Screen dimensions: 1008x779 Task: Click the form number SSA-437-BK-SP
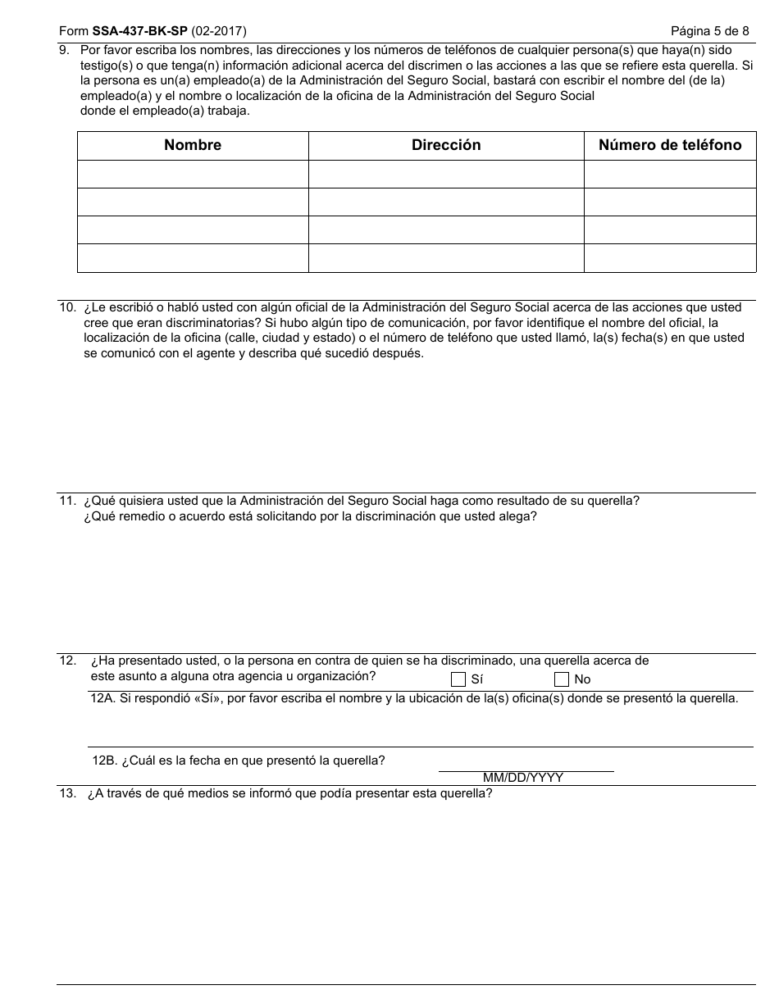click(x=139, y=32)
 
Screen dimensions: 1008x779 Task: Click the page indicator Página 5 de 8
click(x=709, y=32)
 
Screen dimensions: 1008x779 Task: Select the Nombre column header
click(x=193, y=146)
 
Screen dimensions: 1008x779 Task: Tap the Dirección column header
click(x=446, y=146)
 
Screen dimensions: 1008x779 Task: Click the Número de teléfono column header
click(x=670, y=146)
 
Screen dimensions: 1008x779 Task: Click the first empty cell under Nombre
click(x=193, y=175)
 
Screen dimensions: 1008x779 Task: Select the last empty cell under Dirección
click(x=446, y=258)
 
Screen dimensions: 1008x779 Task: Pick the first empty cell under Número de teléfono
click(x=670, y=175)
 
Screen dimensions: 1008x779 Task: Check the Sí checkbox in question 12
click(x=458, y=679)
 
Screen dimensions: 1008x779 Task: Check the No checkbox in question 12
click(x=562, y=679)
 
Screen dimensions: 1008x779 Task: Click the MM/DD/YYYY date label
click(x=523, y=778)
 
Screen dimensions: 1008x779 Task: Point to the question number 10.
click(x=67, y=308)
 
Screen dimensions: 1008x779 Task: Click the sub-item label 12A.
click(x=102, y=699)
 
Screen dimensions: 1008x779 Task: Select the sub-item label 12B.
click(x=104, y=761)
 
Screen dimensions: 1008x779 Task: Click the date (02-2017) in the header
click(x=219, y=32)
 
